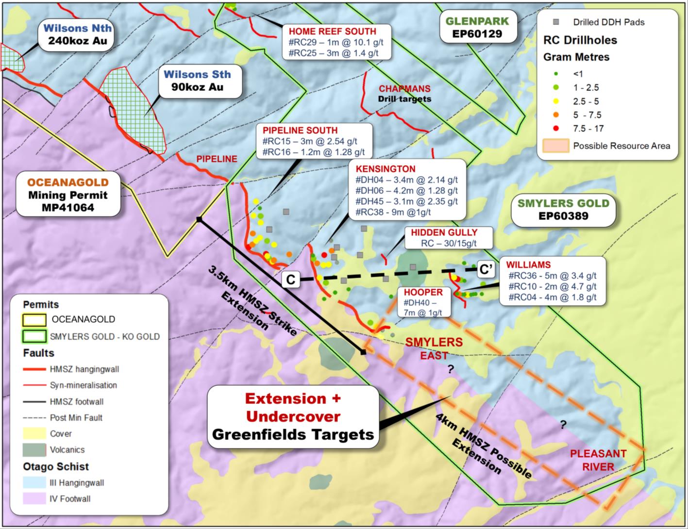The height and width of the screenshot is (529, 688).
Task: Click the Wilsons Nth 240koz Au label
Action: pyautogui.click(x=77, y=34)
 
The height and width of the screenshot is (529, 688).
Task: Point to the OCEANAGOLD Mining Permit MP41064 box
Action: pyautogui.click(x=67, y=195)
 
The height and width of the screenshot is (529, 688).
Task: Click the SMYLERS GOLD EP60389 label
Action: pyautogui.click(x=563, y=210)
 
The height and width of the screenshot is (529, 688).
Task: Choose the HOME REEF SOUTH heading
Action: pyautogui.click(x=333, y=32)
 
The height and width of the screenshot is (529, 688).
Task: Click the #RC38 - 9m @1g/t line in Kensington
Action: pyautogui.click(x=393, y=212)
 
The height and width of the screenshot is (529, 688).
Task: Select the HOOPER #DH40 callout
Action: pyautogui.click(x=423, y=302)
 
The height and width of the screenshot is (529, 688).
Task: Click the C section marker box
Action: pyautogui.click(x=291, y=280)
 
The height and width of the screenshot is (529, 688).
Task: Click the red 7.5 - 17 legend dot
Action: pyautogui.click(x=556, y=129)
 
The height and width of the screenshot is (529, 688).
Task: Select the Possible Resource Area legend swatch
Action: pyautogui.click(x=555, y=146)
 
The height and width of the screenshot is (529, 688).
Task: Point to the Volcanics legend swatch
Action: pyautogui.click(x=34, y=450)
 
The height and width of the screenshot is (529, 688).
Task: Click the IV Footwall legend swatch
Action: pyautogui.click(x=34, y=498)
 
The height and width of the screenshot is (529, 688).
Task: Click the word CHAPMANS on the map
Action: pyautogui.click(x=404, y=89)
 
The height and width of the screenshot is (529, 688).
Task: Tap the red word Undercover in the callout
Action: pyautogui.click(x=293, y=416)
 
